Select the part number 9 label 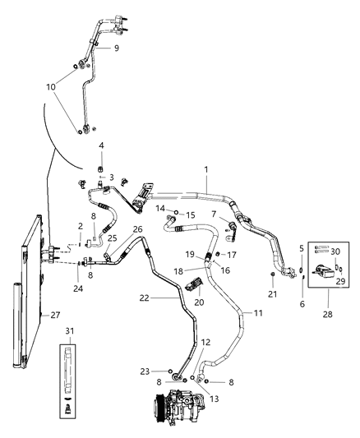click(x=116, y=48)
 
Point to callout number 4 click(x=101, y=146)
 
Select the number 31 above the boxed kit click(x=70, y=331)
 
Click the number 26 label click(x=137, y=229)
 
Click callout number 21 click(x=272, y=294)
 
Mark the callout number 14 click(x=162, y=210)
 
